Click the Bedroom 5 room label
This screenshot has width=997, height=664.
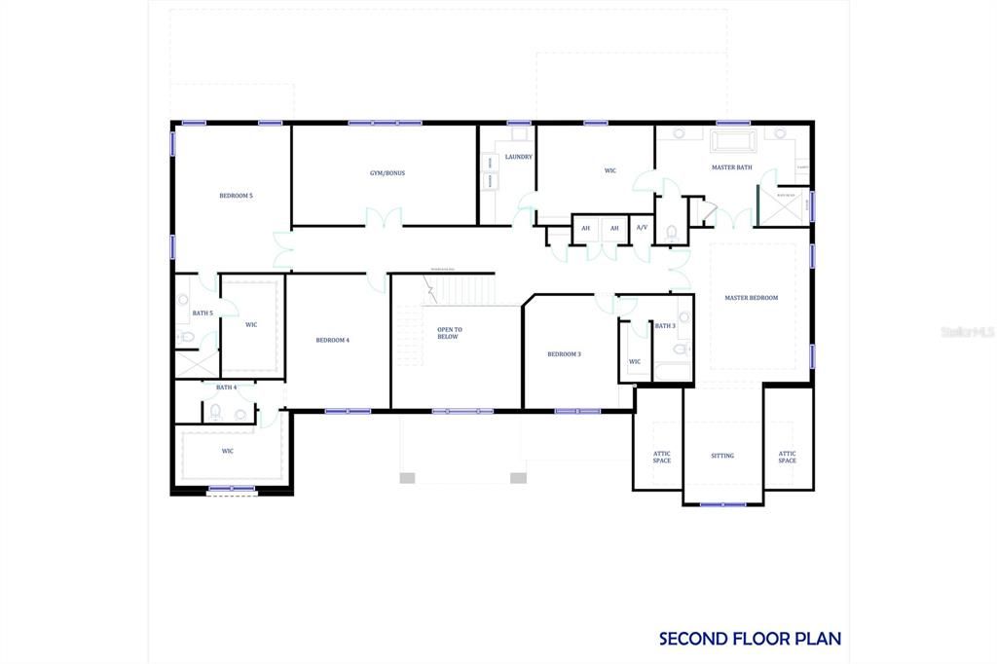click(x=236, y=196)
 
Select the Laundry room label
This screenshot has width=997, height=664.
click(x=518, y=157)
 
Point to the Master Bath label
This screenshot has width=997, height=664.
click(x=731, y=167)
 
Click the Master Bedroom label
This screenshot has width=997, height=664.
click(x=751, y=298)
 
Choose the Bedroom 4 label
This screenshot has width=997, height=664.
click(x=332, y=340)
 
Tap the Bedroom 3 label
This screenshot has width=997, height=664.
click(x=564, y=354)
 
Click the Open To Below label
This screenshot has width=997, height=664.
click(x=449, y=333)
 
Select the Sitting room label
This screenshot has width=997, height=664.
click(x=721, y=456)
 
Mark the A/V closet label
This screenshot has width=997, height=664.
click(x=642, y=228)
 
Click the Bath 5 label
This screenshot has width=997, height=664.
click(x=202, y=314)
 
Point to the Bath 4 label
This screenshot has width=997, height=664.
click(x=226, y=387)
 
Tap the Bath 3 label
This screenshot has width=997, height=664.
click(x=665, y=326)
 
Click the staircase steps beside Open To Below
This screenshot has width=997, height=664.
click(x=461, y=289)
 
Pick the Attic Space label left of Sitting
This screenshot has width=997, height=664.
click(x=662, y=457)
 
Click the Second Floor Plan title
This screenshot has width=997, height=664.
click(x=750, y=639)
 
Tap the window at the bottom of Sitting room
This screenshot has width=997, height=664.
click(x=722, y=504)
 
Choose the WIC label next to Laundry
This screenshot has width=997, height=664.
click(x=610, y=171)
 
